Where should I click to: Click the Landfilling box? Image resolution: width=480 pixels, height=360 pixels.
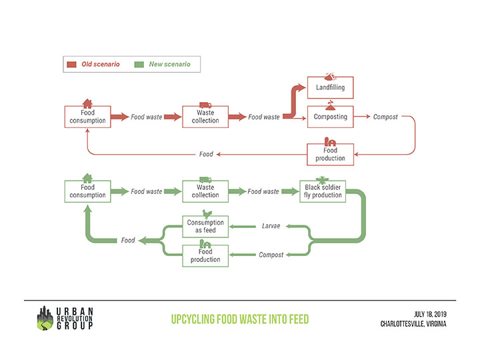tap(330, 88)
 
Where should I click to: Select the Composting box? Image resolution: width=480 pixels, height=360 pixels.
tap(330, 117)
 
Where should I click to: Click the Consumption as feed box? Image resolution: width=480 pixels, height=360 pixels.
tap(205, 227)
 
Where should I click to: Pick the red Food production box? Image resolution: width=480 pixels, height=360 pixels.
tap(330, 155)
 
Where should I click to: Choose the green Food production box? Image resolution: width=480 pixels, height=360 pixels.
tap(205, 255)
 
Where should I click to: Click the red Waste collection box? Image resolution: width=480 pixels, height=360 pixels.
tap(205, 117)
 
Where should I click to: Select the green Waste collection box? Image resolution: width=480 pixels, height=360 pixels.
tap(205, 191)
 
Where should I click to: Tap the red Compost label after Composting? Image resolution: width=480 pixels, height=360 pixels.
tap(385, 117)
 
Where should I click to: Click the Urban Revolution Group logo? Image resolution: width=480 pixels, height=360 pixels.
tap(65, 318)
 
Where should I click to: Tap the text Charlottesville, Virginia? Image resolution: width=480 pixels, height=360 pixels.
tap(414, 324)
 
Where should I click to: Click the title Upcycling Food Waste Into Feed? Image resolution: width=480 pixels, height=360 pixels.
tap(239, 319)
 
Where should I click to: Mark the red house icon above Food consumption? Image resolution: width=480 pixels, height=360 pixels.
tap(87, 103)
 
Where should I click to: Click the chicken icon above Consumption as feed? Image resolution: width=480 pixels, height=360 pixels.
tap(205, 213)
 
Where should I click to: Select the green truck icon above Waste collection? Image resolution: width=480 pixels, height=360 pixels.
tap(205, 179)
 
